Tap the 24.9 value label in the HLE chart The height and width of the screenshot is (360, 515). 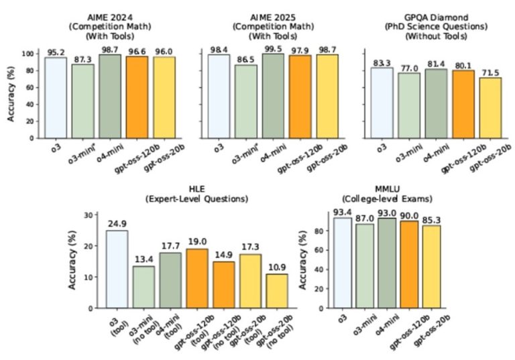tap(117, 223)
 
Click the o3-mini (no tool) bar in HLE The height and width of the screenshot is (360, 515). tap(144, 287)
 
